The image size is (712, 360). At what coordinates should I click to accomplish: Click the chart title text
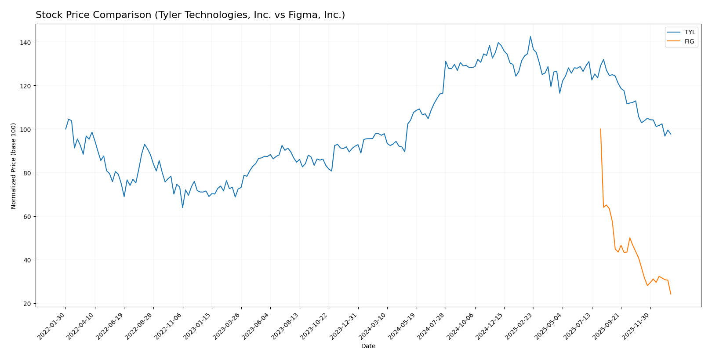(x=190, y=15)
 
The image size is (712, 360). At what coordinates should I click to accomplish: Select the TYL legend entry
(x=690, y=33)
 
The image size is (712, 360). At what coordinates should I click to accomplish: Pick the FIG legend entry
(x=689, y=42)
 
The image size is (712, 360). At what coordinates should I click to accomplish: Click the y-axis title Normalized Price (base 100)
(x=14, y=166)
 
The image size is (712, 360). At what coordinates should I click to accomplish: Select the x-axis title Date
(x=368, y=346)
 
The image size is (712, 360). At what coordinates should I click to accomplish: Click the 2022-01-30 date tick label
(x=52, y=326)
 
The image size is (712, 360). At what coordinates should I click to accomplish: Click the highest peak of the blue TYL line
(x=530, y=36)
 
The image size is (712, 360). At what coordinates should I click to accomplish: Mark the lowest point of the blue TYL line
(x=182, y=207)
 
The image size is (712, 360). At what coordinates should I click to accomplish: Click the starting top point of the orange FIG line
(x=600, y=129)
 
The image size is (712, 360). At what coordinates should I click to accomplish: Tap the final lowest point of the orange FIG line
(x=671, y=294)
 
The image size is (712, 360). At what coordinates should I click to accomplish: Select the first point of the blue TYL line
(x=66, y=129)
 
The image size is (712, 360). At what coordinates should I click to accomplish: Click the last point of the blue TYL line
(x=671, y=134)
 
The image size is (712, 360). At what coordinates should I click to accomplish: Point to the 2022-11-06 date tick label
(x=169, y=326)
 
